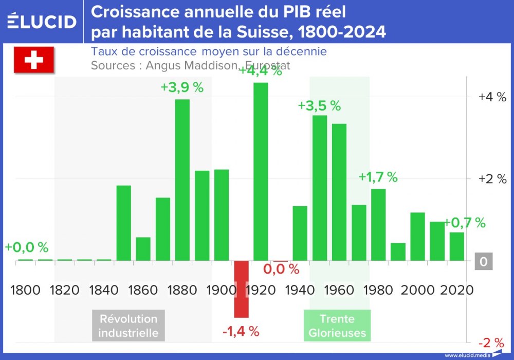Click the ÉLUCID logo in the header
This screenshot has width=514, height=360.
(x=42, y=22)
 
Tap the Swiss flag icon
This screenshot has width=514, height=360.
(x=33, y=60)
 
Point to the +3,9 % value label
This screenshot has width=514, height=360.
(x=182, y=87)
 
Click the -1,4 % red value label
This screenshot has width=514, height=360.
(x=241, y=332)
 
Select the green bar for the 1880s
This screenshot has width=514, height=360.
(x=182, y=179)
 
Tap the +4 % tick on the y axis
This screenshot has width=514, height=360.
(x=492, y=97)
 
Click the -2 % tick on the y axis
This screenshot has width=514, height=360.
(x=492, y=343)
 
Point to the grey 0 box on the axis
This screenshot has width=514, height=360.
(x=483, y=262)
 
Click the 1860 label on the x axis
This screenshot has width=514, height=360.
(x=143, y=290)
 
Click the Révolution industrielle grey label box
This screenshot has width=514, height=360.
(x=128, y=326)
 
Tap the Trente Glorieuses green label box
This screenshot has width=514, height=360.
(x=337, y=326)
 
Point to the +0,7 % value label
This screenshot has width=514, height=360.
(x=465, y=223)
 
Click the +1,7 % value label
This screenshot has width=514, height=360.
(x=378, y=177)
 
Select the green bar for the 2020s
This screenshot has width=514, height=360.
(x=456, y=246)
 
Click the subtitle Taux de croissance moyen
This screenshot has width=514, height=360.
(x=209, y=52)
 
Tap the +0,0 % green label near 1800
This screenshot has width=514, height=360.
(x=27, y=247)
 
